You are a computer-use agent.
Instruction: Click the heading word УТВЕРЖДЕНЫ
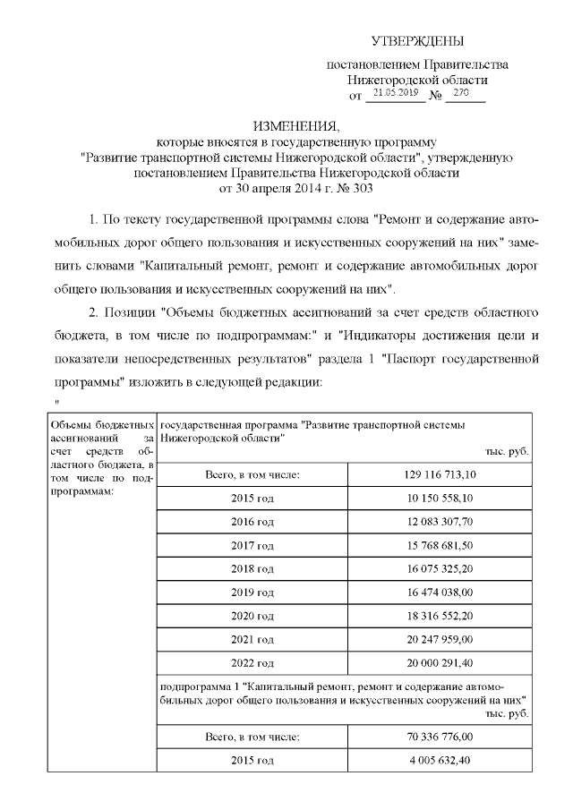pos(418,41)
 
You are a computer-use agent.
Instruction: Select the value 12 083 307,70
pos(439,521)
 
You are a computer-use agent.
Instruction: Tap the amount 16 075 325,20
pos(439,568)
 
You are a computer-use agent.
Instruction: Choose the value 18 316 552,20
pos(439,617)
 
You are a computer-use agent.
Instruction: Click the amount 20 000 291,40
pos(439,664)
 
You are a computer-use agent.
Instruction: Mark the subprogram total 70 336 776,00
pos(439,737)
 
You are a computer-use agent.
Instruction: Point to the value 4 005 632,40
pos(439,761)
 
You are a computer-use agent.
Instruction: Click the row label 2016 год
pos(252,521)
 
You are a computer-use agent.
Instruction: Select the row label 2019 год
pos(252,593)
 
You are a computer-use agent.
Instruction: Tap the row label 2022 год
pos(252,664)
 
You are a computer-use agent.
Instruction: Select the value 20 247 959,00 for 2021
pos(439,641)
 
